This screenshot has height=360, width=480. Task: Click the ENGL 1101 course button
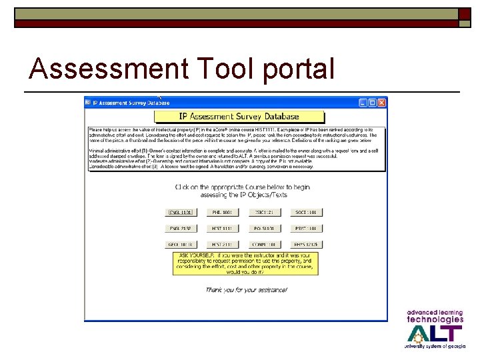[x=180, y=213]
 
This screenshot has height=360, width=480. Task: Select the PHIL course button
[x=221, y=213]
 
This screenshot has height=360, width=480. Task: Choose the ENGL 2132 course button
[x=180, y=229]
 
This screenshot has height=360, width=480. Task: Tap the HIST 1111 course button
[x=221, y=229]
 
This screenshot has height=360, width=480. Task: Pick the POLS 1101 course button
[x=263, y=229]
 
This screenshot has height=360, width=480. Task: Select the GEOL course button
[x=180, y=245]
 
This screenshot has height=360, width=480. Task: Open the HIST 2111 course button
[x=221, y=245]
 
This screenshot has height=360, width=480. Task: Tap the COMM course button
[x=263, y=245]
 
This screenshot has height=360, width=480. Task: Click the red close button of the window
[x=382, y=103]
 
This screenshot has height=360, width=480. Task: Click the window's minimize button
[x=363, y=103]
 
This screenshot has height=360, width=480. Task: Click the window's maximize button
[x=373, y=103]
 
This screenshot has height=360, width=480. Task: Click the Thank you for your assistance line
[x=246, y=290]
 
